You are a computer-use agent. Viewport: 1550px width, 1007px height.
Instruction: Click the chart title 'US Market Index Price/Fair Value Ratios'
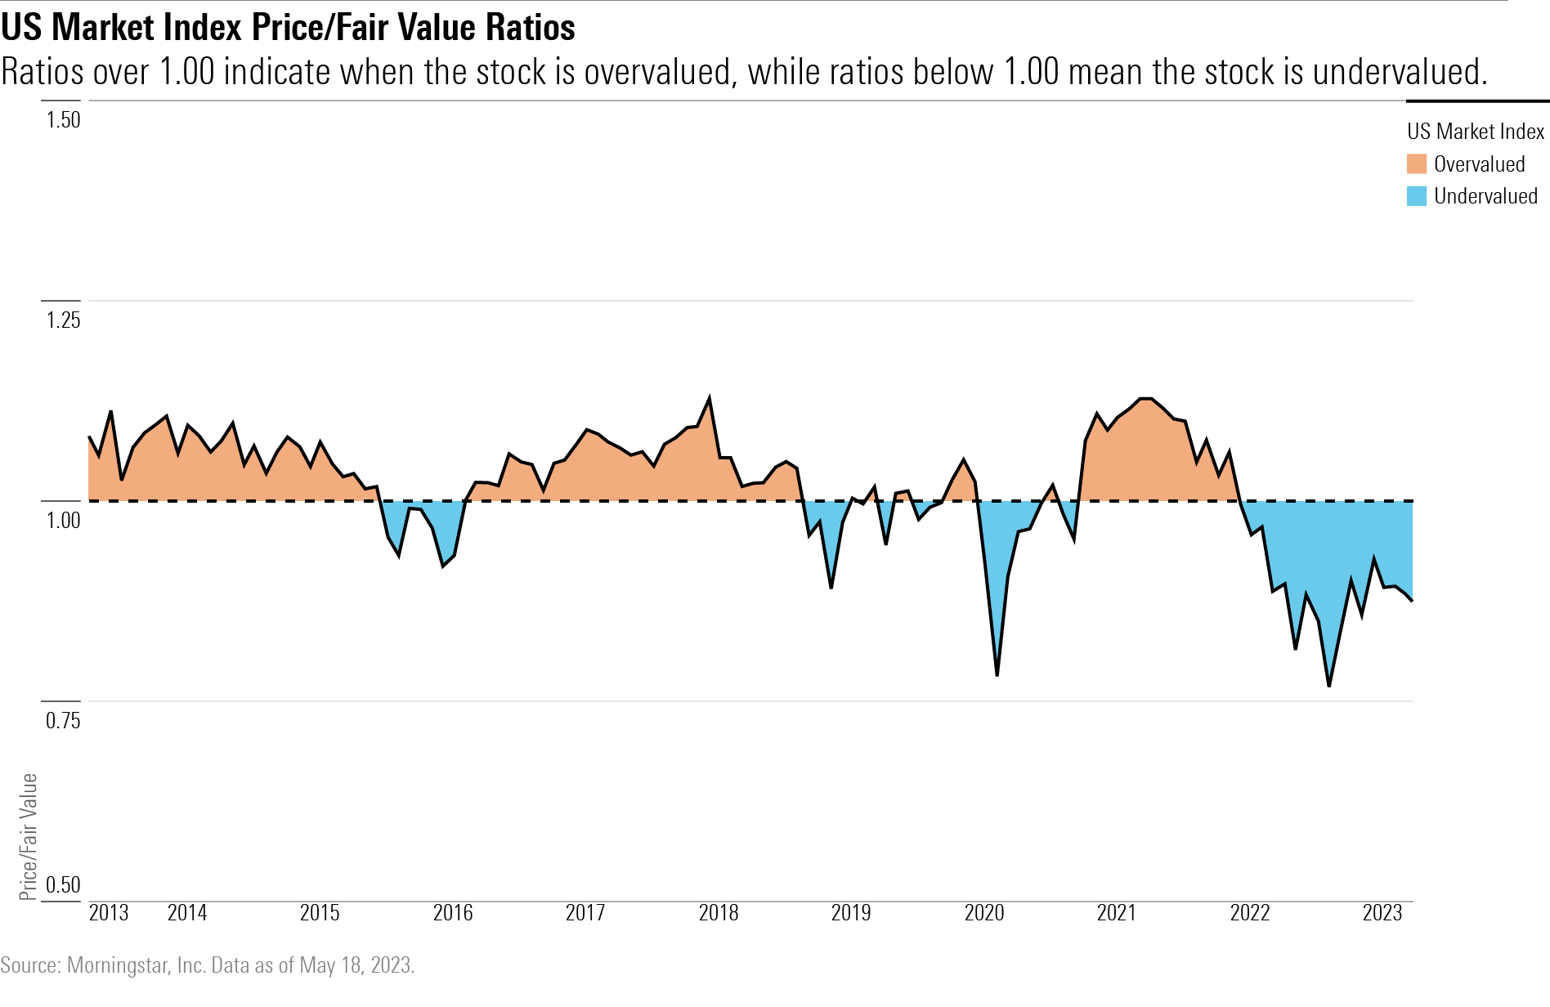(288, 28)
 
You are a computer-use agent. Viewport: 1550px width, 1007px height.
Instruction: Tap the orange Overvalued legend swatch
(1416, 163)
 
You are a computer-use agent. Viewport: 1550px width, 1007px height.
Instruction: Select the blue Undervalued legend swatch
(1416, 196)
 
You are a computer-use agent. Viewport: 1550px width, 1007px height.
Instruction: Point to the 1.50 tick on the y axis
(63, 120)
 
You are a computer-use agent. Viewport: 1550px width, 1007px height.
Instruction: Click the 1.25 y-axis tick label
(63, 320)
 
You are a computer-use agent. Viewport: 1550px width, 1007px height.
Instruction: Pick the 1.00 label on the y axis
(63, 520)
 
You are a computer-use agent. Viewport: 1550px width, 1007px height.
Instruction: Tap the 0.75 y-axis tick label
(63, 720)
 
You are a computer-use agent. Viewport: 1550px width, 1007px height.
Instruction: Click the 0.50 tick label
(63, 885)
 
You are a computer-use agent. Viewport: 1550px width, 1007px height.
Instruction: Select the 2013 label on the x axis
(109, 913)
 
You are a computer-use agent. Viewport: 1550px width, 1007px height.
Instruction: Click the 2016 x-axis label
(453, 913)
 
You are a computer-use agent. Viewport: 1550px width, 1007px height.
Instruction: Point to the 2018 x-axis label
(719, 913)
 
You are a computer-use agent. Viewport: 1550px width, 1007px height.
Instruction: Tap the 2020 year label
(984, 913)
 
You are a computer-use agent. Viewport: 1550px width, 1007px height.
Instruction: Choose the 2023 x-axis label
(1382, 913)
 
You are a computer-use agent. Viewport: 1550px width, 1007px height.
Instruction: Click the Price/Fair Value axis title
(29, 836)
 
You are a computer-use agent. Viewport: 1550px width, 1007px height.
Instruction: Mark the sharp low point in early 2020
(997, 675)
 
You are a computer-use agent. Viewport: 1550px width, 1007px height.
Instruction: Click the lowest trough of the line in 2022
(1329, 686)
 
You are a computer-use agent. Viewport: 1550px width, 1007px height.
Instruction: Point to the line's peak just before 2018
(709, 399)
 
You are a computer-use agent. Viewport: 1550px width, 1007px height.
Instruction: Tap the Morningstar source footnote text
(208, 965)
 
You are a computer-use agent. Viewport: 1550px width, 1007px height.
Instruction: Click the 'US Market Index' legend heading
(1475, 132)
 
